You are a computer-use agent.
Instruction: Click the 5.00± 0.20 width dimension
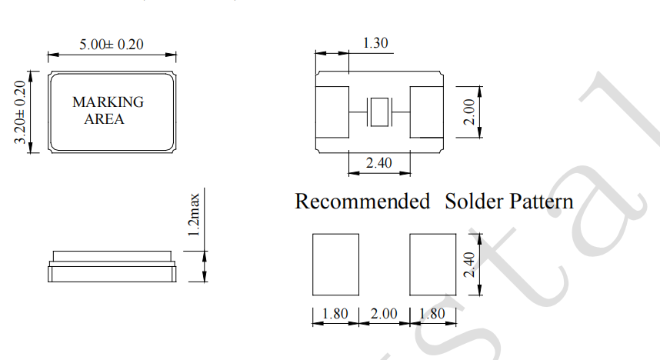pyautogui.click(x=112, y=45)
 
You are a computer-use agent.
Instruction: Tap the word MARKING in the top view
pyautogui.click(x=108, y=102)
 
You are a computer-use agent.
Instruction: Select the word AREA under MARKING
pyautogui.click(x=104, y=119)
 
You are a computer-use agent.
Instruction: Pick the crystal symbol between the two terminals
pyautogui.click(x=378, y=112)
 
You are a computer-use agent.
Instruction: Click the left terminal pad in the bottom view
pyautogui.click(x=333, y=112)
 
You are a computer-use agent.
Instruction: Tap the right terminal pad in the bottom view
pyautogui.click(x=425, y=112)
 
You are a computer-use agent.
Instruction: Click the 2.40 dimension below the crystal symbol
pyautogui.click(x=378, y=163)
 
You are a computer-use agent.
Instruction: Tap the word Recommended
pyautogui.click(x=362, y=202)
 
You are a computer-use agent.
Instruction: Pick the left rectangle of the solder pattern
pyautogui.click(x=336, y=265)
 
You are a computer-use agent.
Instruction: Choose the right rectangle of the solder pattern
pyautogui.click(x=434, y=265)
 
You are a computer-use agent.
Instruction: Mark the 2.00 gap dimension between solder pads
pyautogui.click(x=385, y=314)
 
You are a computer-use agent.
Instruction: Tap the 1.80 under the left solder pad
pyautogui.click(x=336, y=314)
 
